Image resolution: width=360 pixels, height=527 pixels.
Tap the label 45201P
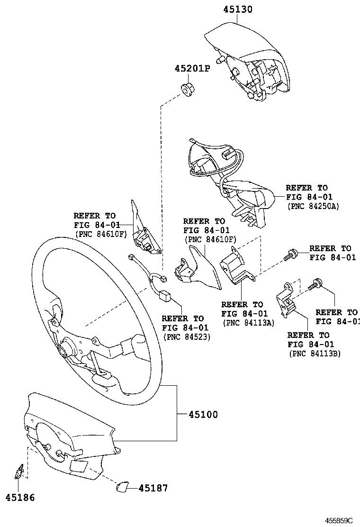click(x=192, y=69)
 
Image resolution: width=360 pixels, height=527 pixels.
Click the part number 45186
click(x=20, y=498)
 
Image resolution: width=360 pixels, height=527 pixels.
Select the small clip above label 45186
click(x=19, y=472)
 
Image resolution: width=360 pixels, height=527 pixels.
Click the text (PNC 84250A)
click(x=313, y=207)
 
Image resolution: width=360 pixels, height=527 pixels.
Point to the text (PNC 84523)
click(x=186, y=336)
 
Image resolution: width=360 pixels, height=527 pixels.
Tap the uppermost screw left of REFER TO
click(x=290, y=255)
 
